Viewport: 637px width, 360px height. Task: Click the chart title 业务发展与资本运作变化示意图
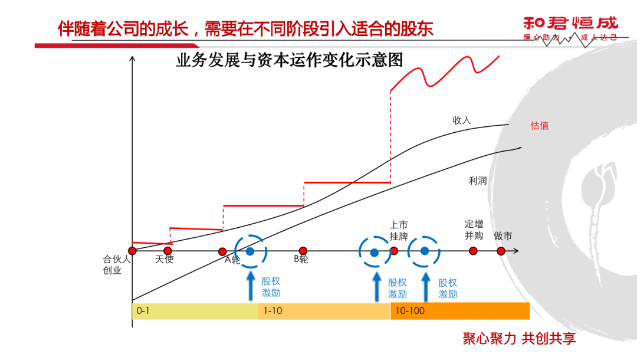[289, 60]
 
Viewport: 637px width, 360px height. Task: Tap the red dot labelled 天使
[168, 251]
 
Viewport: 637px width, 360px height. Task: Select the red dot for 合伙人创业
[132, 251]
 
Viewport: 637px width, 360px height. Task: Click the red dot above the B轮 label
[303, 251]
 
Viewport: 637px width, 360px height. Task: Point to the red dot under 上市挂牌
[394, 251]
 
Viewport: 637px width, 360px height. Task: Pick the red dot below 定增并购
[473, 251]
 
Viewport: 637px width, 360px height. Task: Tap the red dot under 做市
[501, 251]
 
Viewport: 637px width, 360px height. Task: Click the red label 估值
[540, 125]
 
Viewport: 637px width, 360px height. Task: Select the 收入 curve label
[462, 120]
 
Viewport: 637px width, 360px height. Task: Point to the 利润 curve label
[477, 181]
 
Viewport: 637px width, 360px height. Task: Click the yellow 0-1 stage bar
[195, 310]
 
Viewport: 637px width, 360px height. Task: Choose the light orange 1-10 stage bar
[324, 310]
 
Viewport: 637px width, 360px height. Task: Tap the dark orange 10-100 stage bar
[460, 310]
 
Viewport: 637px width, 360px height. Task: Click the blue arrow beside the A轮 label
[251, 285]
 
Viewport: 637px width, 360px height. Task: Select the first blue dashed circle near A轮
[251, 251]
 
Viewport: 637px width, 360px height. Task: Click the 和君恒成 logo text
[570, 24]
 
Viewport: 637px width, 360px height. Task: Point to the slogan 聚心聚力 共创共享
[519, 338]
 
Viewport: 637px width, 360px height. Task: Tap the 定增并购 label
[474, 230]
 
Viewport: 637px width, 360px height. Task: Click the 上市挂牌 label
[399, 231]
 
